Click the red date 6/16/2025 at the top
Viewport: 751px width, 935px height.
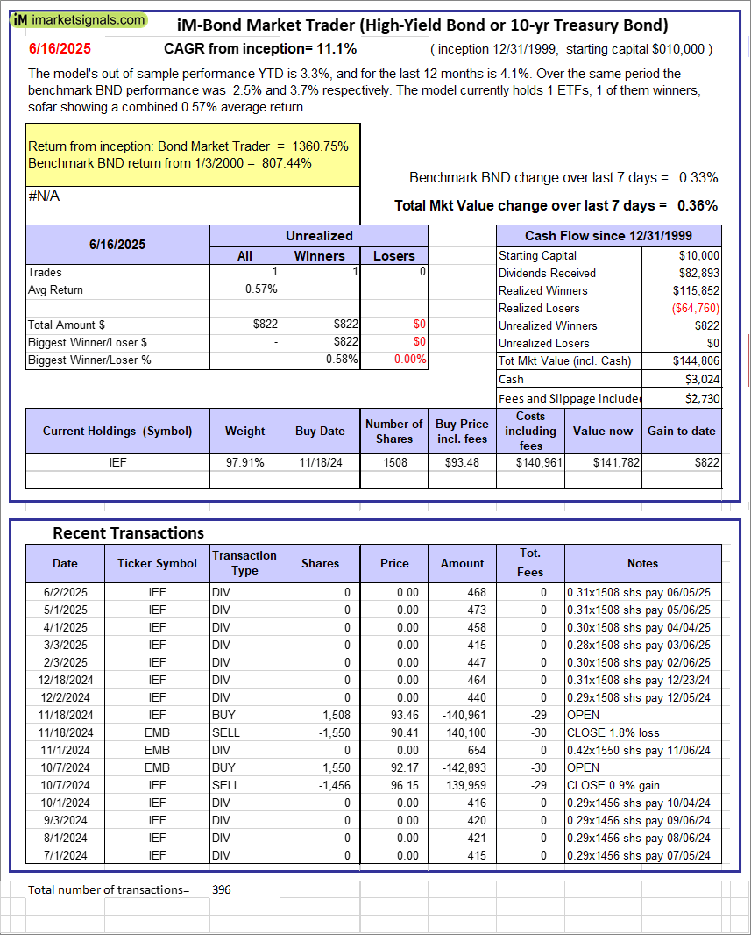[60, 49]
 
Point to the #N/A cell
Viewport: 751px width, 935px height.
[45, 196]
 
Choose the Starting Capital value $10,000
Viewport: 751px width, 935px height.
[698, 255]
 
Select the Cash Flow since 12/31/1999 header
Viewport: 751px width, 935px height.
[609, 236]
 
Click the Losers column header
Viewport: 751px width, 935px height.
[394, 255]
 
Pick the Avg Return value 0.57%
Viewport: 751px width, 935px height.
[262, 289]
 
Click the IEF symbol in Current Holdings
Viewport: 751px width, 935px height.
[117, 462]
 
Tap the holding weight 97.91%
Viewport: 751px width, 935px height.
[244, 462]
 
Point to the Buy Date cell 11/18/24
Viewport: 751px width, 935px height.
[320, 462]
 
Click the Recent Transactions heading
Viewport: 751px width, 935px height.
[128, 533]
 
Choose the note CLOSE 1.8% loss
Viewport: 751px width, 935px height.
[613, 732]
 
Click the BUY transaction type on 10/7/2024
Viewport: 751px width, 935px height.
[223, 767]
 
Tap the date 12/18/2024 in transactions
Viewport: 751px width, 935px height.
[65, 680]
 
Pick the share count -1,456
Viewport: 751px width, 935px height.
[332, 785]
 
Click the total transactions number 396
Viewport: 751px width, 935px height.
[222, 889]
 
